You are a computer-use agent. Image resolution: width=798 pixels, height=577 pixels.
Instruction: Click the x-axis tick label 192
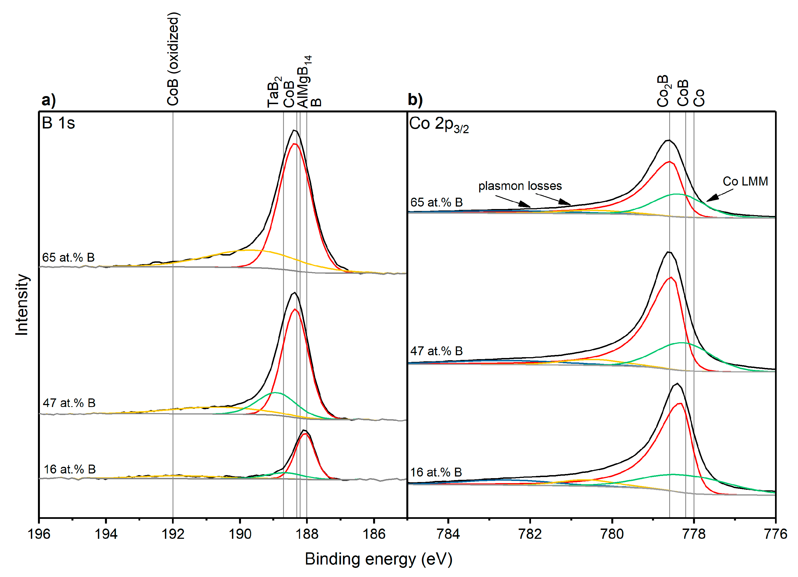coord(173,534)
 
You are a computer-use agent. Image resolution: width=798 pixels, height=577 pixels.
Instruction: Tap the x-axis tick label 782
coord(530,534)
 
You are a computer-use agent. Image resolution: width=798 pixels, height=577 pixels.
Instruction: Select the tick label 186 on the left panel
coord(374,534)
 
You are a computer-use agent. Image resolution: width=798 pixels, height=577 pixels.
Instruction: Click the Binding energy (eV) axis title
coord(379,559)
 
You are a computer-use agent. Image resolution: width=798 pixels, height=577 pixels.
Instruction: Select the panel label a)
coord(48,100)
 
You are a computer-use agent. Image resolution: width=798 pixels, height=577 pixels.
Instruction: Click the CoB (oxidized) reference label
coord(173,59)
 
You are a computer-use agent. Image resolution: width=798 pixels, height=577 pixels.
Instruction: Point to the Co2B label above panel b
coord(664,91)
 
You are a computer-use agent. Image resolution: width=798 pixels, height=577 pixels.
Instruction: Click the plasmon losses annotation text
coord(520,186)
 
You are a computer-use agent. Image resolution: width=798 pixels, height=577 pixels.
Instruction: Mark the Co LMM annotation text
coord(745,181)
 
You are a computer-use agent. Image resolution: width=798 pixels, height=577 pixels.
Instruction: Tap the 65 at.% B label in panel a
coord(69,257)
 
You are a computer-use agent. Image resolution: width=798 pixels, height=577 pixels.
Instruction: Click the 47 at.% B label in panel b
coord(436,351)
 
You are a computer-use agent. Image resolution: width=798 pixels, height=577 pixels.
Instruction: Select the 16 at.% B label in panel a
coord(70,469)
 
